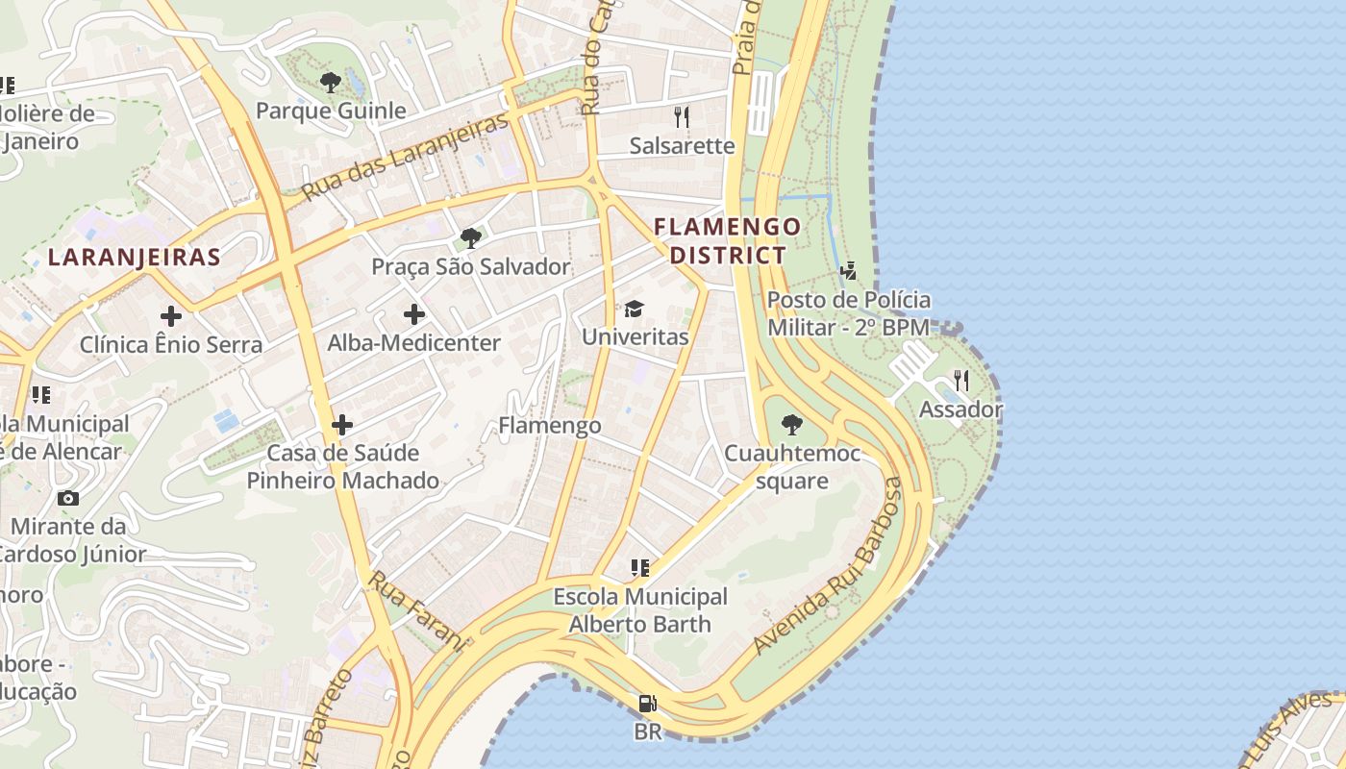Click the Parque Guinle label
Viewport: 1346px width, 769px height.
[x=331, y=111]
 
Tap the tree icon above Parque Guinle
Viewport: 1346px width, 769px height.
[x=331, y=83]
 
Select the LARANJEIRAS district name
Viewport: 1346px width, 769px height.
[x=135, y=257]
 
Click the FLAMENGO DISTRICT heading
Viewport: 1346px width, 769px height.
[x=727, y=240]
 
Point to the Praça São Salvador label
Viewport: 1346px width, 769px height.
[x=471, y=266]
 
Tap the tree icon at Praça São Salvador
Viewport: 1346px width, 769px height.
[x=470, y=237]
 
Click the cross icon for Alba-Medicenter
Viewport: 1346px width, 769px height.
[x=414, y=314]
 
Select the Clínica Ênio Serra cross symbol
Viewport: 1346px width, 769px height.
[x=171, y=315]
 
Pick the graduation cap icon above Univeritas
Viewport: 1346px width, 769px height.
[x=634, y=309]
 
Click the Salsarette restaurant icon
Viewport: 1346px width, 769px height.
[x=682, y=117]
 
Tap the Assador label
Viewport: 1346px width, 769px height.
[x=960, y=409]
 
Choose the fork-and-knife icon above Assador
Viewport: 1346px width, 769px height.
[x=960, y=381]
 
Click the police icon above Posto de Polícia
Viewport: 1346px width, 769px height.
[x=848, y=270]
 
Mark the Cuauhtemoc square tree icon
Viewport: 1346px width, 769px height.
[x=792, y=424]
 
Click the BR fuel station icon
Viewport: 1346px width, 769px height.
[x=648, y=704]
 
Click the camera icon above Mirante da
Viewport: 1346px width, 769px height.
[x=68, y=498]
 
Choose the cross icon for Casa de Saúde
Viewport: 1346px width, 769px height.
[x=342, y=424]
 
